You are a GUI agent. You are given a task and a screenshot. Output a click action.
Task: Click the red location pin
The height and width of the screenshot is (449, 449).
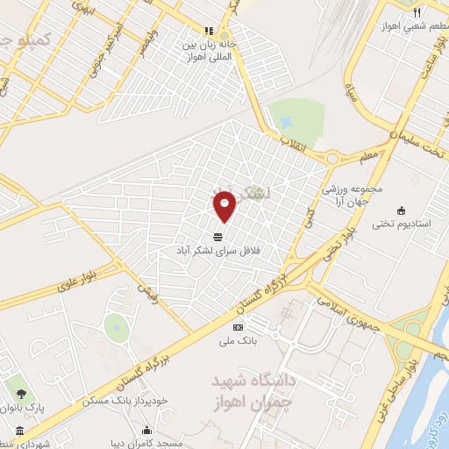click(x=225, y=205)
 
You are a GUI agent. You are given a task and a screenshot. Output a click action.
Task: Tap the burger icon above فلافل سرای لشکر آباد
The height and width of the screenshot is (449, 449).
click(x=217, y=236)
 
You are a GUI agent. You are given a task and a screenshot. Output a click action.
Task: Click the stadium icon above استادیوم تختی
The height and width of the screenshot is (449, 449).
click(x=402, y=210)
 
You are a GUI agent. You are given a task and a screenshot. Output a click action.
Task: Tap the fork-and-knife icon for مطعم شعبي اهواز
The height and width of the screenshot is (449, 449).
click(x=417, y=12)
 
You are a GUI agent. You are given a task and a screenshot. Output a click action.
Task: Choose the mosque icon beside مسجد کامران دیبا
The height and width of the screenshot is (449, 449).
click(x=146, y=431)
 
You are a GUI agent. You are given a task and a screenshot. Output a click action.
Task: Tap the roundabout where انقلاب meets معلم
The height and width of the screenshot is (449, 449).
click(x=332, y=159)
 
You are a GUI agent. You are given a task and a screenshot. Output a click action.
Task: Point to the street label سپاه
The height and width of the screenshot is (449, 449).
click(x=352, y=92)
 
